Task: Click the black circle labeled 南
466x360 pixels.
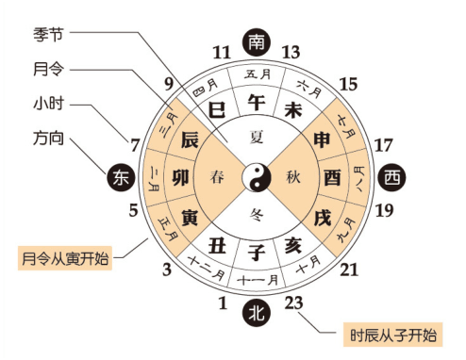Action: (x=255, y=42)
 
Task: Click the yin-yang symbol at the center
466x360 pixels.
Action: (x=256, y=176)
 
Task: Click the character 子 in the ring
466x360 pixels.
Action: (x=256, y=253)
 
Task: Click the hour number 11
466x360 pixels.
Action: (x=222, y=52)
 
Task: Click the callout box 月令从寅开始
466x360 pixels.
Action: (x=66, y=256)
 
